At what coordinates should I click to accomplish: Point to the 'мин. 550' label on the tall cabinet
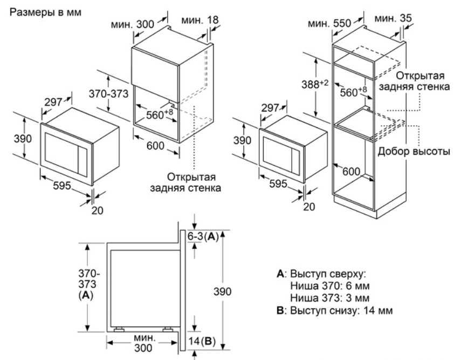click(331, 24)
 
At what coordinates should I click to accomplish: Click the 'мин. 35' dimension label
click(393, 18)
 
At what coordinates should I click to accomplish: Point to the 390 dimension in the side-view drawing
click(222, 292)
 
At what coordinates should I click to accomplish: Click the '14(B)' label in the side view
click(203, 341)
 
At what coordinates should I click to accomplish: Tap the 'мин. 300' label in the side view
click(143, 343)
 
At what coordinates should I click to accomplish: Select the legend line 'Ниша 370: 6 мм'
click(322, 286)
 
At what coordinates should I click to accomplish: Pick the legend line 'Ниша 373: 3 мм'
click(322, 298)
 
